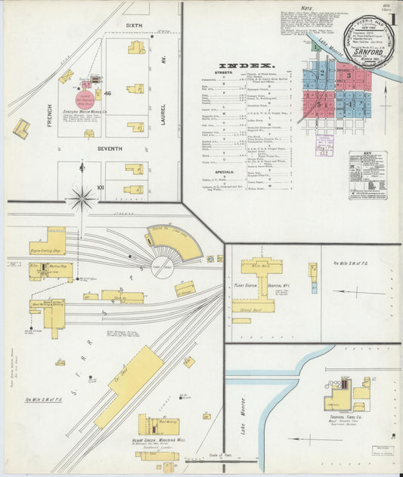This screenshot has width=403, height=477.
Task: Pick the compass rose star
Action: [x=82, y=198]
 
